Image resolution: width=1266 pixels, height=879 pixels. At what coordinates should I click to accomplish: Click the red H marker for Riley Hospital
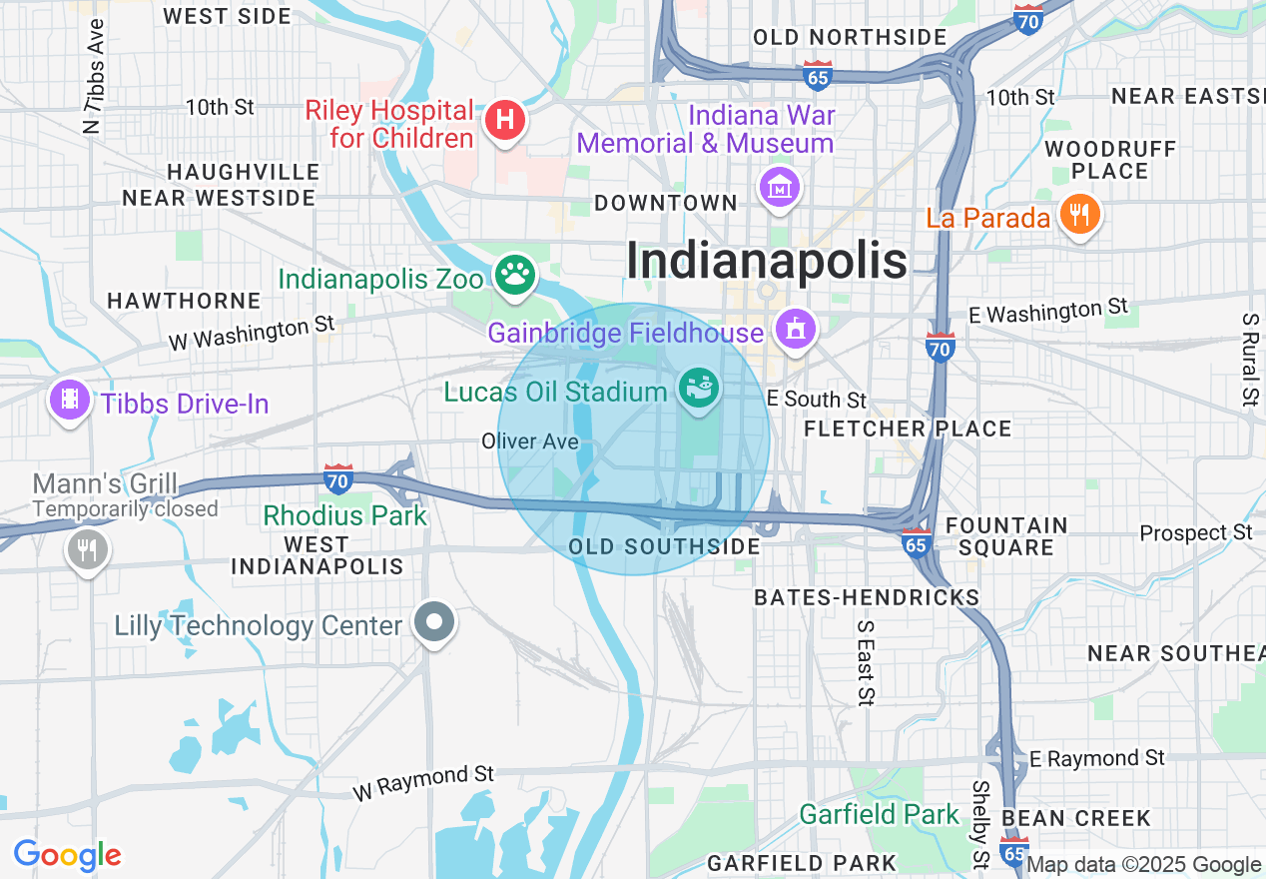505,121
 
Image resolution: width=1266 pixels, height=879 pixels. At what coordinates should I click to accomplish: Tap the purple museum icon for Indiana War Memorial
780,186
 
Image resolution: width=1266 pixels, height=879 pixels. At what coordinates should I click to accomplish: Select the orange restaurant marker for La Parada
1079,214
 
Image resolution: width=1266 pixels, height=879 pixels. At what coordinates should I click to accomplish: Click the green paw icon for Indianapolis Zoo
515,277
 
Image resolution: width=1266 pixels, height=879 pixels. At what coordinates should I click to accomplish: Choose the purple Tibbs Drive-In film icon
69,401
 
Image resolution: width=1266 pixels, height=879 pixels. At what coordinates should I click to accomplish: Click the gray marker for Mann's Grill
89,548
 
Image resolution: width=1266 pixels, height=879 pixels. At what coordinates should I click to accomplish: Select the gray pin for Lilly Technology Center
434,622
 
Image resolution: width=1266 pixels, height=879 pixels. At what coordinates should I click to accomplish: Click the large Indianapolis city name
767,262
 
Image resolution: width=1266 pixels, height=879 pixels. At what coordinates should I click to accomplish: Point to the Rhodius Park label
344,516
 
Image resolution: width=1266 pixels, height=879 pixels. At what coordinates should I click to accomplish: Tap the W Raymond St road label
423,782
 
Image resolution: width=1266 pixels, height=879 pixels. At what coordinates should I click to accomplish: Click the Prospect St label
1196,533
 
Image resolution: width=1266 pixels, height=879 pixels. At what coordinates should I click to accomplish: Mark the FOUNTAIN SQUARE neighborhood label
1006,536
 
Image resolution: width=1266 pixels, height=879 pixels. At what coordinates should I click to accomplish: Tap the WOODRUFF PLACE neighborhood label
1110,160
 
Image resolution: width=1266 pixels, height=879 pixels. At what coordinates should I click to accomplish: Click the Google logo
67,856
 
